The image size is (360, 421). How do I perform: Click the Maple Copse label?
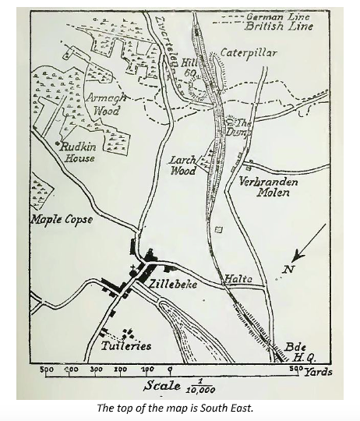point(62,219)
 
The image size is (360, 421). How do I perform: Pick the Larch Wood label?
point(183,165)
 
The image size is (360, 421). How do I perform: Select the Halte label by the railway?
point(237,278)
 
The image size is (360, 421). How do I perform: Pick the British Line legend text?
point(278,26)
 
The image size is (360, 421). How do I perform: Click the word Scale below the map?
point(161,385)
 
